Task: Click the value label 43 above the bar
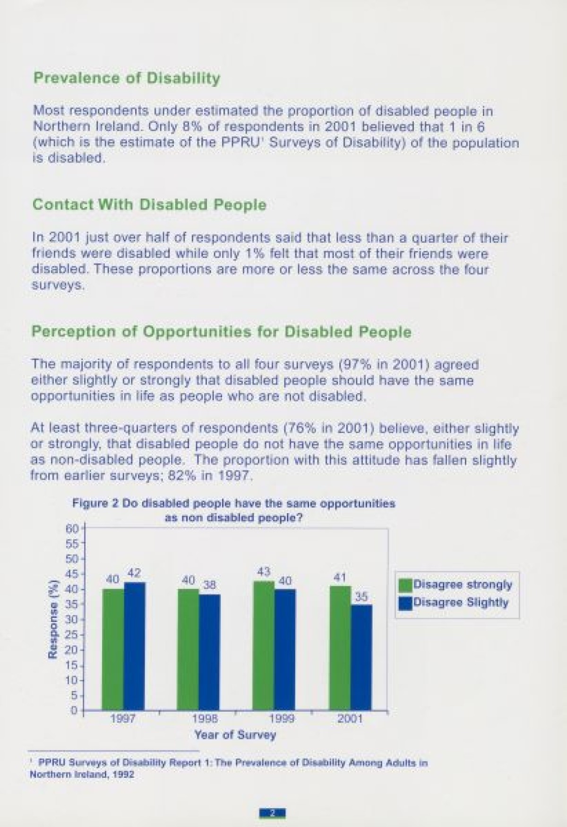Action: [x=264, y=571]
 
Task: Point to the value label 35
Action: [x=361, y=597]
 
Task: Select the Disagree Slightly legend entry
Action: [x=454, y=603]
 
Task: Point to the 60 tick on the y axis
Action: [x=71, y=529]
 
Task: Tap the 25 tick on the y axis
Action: [x=71, y=635]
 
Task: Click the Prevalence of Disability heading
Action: [x=127, y=78]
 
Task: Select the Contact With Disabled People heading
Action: [x=149, y=205]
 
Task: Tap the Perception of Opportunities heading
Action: [x=221, y=332]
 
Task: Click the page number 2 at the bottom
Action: [x=273, y=813]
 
